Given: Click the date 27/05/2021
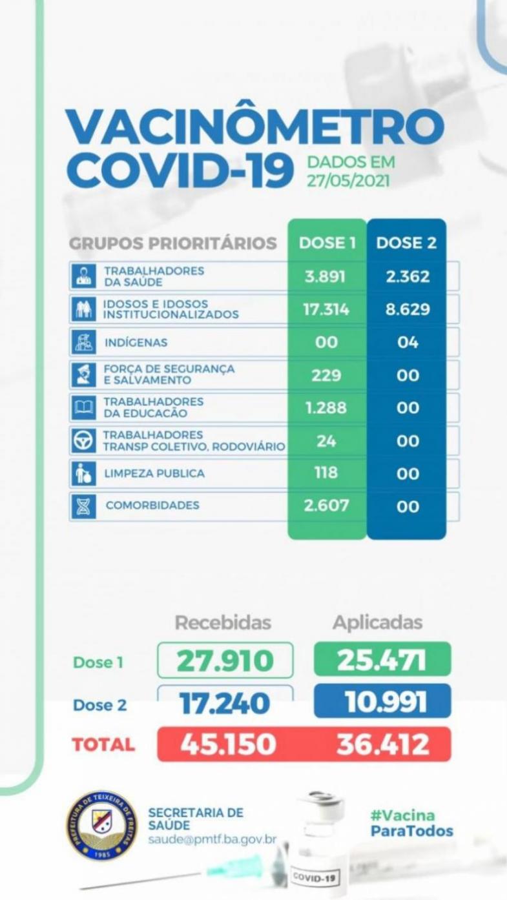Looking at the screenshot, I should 349,180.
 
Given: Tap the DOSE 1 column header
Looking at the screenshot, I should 327,243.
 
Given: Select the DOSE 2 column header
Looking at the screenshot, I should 406,243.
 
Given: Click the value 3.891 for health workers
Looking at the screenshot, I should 326,276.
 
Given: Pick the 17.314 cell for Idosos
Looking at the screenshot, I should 326,309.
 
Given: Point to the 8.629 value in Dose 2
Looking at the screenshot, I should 407,309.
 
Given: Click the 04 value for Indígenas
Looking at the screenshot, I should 408,342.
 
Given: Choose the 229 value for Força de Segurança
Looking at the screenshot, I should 326,375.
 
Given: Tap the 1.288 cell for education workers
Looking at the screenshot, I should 326,408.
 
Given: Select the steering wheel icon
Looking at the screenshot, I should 83,441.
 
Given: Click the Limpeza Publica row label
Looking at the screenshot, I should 154,473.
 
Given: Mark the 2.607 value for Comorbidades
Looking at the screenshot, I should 326,506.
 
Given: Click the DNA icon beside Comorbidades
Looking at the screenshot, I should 83,506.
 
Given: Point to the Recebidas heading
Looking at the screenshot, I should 223,622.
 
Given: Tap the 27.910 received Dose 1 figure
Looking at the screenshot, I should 225,660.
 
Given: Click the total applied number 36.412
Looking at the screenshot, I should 382,744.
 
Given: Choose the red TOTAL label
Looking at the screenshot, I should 103,744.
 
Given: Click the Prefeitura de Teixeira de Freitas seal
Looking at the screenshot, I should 101,825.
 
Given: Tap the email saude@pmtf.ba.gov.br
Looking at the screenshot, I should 212,840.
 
